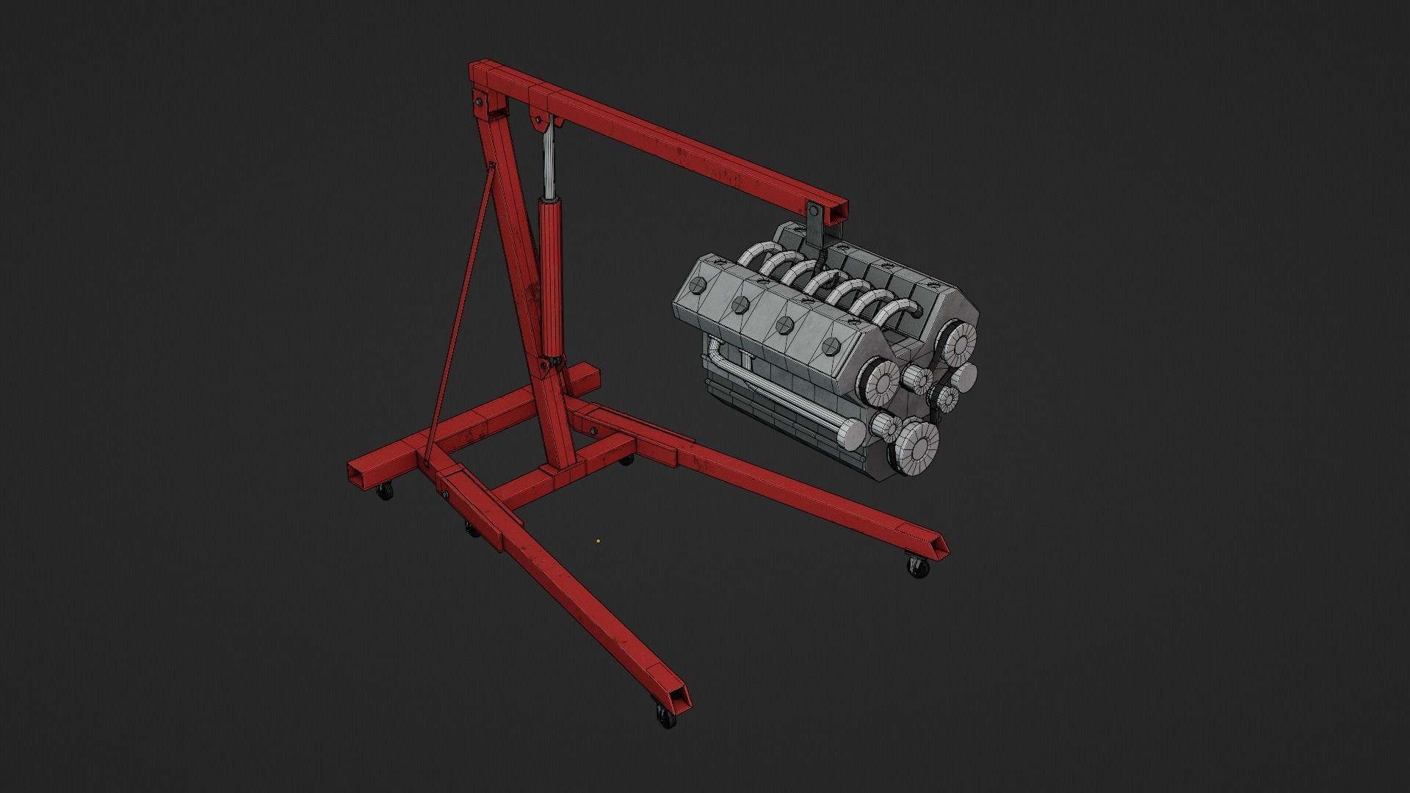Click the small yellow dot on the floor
point(599,542)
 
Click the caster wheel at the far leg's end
point(916,567)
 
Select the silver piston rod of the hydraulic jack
point(549,162)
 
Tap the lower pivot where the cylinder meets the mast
point(550,363)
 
